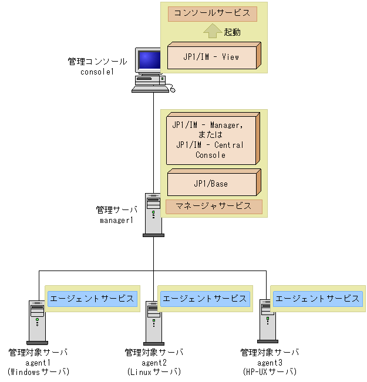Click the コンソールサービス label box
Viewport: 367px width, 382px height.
click(x=212, y=13)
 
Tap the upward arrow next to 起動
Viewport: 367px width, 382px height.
click(x=213, y=31)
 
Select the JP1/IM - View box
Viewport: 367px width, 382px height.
click(x=212, y=58)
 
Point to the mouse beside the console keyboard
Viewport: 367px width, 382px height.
click(x=172, y=89)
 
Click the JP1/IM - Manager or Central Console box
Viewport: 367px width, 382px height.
click(x=212, y=139)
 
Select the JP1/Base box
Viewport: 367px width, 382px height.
click(x=212, y=183)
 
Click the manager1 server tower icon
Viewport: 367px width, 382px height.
click(x=153, y=214)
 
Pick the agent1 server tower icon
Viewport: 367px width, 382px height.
click(x=37, y=322)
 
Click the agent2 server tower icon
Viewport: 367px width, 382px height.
click(x=154, y=322)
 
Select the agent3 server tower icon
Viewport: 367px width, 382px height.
click(x=268, y=320)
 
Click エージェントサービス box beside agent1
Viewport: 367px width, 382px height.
click(x=92, y=298)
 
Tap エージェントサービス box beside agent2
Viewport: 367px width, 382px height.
click(x=205, y=298)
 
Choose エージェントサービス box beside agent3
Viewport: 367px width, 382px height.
click(x=318, y=298)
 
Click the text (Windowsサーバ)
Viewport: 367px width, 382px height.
click(x=38, y=372)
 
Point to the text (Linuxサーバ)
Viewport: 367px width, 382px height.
click(x=154, y=372)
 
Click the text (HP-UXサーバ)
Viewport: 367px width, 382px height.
click(x=269, y=372)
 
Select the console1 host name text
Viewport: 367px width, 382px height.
click(x=97, y=71)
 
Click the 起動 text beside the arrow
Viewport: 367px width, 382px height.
click(x=233, y=32)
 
